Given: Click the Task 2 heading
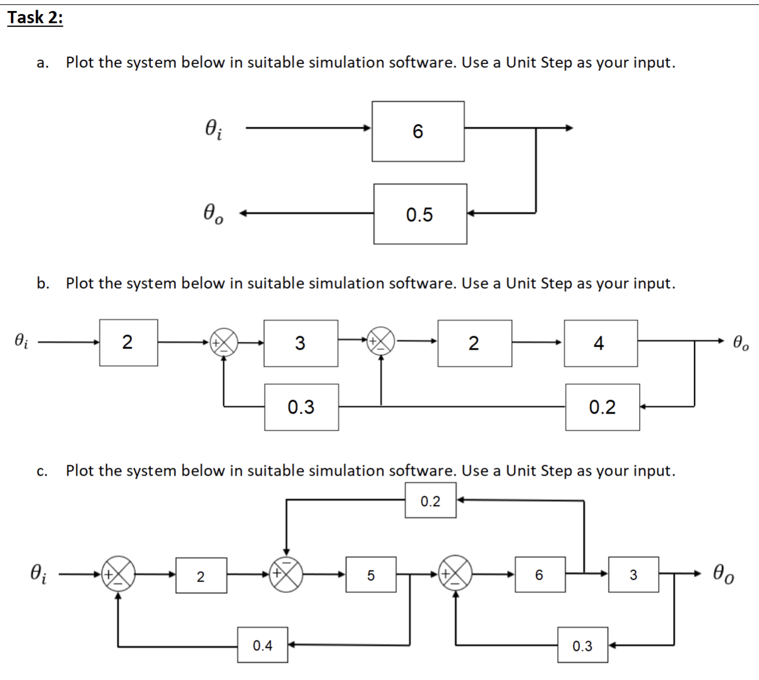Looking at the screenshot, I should click(35, 18).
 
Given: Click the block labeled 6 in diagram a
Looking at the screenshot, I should click(418, 131).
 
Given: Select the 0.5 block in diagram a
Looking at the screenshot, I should click(420, 214).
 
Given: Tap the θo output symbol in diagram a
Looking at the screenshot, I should click(213, 213).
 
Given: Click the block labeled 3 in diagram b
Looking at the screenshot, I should click(300, 343).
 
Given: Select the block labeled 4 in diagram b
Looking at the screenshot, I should click(600, 343).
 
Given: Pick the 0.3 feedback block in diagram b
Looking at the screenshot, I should click(301, 407).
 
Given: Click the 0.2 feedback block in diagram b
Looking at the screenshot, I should click(602, 407).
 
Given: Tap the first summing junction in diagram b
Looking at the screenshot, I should click(224, 342).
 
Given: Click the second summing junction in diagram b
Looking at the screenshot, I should click(381, 342).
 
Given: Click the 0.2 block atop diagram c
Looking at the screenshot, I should click(431, 501).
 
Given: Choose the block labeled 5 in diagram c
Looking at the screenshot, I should click(371, 575).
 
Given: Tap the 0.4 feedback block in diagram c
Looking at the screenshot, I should click(263, 645).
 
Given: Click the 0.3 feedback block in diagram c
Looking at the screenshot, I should click(583, 646).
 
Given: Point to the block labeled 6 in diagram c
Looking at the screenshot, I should click(539, 575).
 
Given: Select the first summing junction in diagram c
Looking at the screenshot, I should click(118, 574).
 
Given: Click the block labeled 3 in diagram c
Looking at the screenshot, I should click(633, 575).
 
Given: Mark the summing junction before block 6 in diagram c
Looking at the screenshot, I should click(456, 574).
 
